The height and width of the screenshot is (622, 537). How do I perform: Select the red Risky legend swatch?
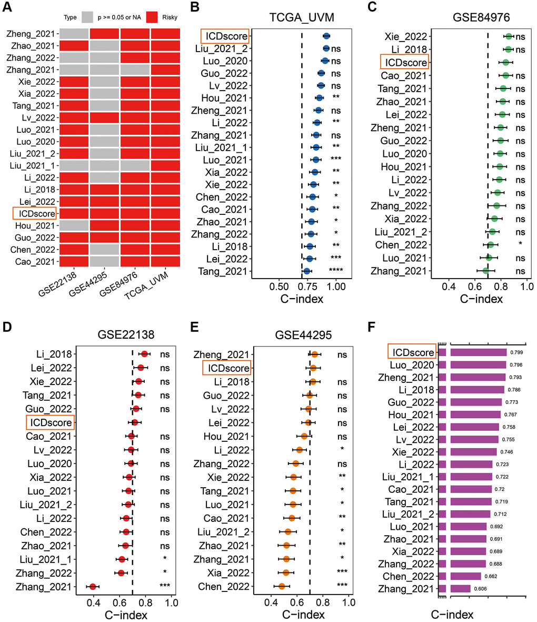[155, 17]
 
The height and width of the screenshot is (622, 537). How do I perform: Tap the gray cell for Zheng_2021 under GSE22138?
[73, 33]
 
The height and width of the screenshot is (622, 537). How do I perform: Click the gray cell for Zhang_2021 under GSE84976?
[135, 69]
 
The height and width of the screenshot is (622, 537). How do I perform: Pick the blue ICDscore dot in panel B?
[326, 36]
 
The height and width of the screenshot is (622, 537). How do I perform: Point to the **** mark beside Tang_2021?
[336, 272]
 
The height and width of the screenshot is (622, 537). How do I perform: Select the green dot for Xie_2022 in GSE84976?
[509, 36]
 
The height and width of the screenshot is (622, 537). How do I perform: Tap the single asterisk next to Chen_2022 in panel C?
[520, 245]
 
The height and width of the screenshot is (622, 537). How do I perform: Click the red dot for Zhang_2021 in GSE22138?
[93, 586]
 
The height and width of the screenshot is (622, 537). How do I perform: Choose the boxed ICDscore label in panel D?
[50, 422]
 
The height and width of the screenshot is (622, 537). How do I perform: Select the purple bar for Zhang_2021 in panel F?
[460, 588]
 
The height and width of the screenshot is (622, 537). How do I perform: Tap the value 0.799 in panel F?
[516, 352]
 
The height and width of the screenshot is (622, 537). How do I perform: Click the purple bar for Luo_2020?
[478, 365]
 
